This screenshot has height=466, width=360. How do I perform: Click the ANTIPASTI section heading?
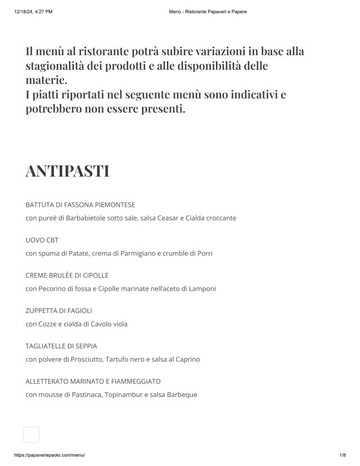pos(67,171)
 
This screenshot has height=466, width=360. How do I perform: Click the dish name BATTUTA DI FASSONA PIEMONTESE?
pos(80,204)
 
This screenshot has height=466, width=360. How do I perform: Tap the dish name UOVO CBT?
pos(42,240)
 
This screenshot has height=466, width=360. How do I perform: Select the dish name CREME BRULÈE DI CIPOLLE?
pos(67,275)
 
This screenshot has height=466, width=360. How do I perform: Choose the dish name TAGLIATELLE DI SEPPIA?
pos(65,346)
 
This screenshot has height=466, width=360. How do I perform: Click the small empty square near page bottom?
pos(31,434)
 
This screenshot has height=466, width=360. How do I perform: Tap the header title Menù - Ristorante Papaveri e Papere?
pos(208,11)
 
